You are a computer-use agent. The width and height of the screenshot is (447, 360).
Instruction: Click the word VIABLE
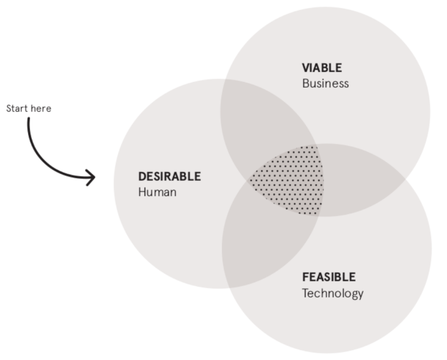pyautogui.click(x=322, y=68)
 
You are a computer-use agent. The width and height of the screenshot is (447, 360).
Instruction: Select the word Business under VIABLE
pyautogui.click(x=325, y=84)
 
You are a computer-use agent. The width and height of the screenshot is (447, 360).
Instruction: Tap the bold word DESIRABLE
pyautogui.click(x=170, y=176)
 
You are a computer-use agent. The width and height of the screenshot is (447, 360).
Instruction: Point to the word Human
pyautogui.click(x=158, y=192)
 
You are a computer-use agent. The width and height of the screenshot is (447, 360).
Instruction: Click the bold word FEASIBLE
pyautogui.click(x=329, y=277)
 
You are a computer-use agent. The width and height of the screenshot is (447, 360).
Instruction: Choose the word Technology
pyautogui.click(x=332, y=294)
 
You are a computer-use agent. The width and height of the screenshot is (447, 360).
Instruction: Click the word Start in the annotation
pyautogui.click(x=17, y=108)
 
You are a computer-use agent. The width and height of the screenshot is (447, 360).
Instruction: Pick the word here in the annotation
pyautogui.click(x=41, y=108)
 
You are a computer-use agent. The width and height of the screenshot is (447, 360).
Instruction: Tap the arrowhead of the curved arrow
pyautogui.click(x=91, y=177)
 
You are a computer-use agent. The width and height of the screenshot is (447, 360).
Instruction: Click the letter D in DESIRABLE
pyautogui.click(x=142, y=176)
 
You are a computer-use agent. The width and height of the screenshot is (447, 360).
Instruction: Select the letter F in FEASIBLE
pyautogui.click(x=306, y=277)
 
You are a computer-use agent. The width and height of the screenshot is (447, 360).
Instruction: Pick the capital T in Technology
pyautogui.click(x=306, y=293)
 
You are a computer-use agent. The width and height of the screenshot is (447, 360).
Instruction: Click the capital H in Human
pyautogui.click(x=142, y=192)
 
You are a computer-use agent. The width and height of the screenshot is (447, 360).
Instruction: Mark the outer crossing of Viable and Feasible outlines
pyautogui.click(x=406, y=178)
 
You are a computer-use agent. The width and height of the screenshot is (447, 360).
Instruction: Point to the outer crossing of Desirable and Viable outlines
pyautogui.click(x=225, y=79)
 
